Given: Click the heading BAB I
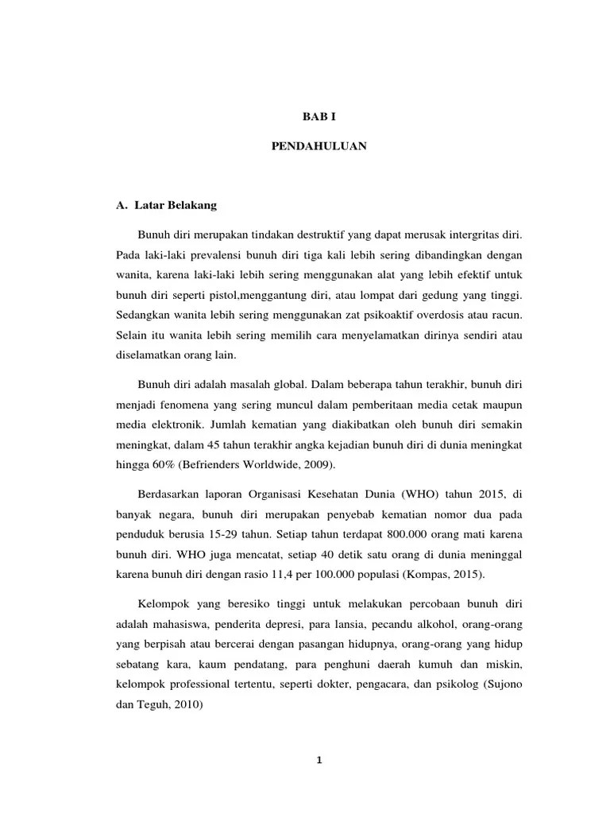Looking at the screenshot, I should pyautogui.click(x=316, y=116).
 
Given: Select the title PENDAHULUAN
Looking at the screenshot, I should pyautogui.click(x=316, y=147).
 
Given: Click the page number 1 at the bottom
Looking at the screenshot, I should pyautogui.click(x=317, y=760).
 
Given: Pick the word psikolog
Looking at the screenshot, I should pyautogui.click(x=456, y=682).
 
